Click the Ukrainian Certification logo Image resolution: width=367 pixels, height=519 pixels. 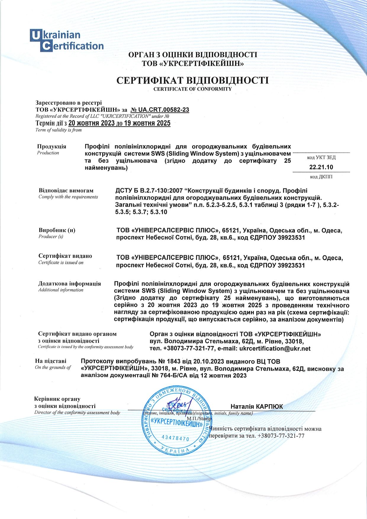[67, 41]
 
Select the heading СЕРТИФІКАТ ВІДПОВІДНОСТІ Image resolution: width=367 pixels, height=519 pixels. [193, 80]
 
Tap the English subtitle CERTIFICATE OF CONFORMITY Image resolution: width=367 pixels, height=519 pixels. [193, 89]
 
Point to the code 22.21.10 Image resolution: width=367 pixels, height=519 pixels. [321, 167]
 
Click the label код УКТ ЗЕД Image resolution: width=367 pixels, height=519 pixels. [321, 157]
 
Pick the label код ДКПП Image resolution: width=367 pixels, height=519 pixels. [321, 177]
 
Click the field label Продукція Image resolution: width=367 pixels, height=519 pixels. [51, 146]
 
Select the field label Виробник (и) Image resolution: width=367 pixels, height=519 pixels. [57, 230]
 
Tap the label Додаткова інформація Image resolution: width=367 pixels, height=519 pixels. [70, 284]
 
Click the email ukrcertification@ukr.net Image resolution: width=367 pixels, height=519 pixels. [275, 348]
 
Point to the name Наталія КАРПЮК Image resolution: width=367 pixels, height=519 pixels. [257, 406]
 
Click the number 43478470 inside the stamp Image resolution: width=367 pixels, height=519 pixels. [176, 438]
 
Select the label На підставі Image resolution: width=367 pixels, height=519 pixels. [51, 361]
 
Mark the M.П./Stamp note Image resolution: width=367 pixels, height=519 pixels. [199, 418]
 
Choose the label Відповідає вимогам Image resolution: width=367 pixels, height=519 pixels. [66, 190]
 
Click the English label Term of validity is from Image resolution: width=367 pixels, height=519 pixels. [58, 130]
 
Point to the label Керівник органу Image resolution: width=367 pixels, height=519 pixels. [57, 399]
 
